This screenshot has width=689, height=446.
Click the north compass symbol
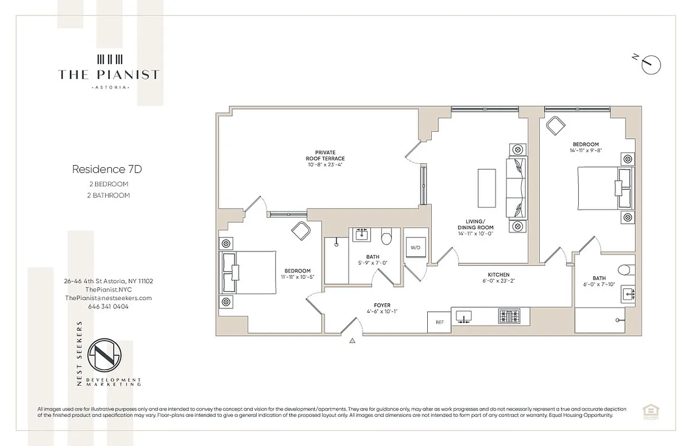coord(651,64)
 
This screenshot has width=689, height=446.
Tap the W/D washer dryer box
coord(415,247)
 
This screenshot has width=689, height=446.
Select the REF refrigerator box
coord(439,322)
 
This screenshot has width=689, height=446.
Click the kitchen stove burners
coord(509,317)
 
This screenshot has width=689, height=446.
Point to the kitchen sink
coord(463,317)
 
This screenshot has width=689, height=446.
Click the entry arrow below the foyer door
coord(352,340)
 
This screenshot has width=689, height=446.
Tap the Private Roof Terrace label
coord(326,158)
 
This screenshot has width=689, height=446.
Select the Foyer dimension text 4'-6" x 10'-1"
coord(382,312)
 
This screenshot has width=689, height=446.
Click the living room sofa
coord(516,188)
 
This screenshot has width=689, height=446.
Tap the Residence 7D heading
coord(102,168)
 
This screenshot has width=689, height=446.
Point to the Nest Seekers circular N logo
coord(109,356)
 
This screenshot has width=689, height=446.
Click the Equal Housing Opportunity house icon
coord(648,411)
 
